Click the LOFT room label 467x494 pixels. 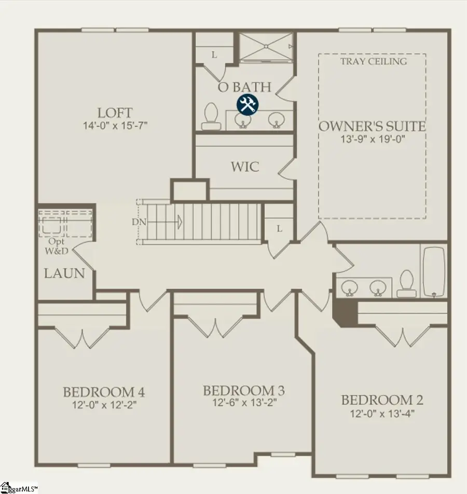[x=115, y=113]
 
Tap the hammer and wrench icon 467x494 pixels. [x=248, y=104]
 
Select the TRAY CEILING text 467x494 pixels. [x=373, y=62]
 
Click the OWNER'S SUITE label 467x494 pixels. [x=372, y=126]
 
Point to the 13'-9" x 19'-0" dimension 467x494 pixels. [x=372, y=139]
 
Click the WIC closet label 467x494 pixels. [x=244, y=167]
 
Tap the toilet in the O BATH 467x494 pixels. [x=211, y=116]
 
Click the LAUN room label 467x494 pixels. [x=64, y=273]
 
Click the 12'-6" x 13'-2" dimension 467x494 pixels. [x=243, y=403]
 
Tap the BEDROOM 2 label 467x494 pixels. [x=381, y=400]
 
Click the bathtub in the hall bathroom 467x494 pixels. [x=434, y=271]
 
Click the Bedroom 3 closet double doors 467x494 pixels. [x=215, y=326]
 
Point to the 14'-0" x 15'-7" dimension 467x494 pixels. [x=115, y=126]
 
